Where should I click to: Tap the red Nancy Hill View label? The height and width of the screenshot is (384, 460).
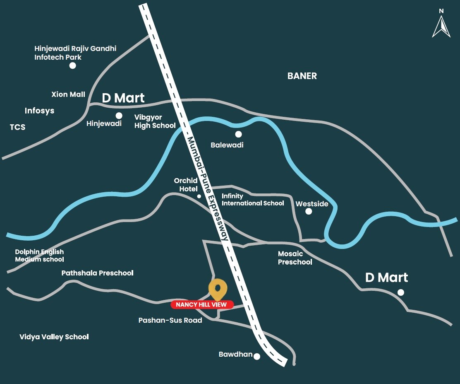[x=202, y=305]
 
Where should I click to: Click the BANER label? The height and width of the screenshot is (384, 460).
[x=302, y=76]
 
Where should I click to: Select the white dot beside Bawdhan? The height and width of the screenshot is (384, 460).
[x=257, y=356]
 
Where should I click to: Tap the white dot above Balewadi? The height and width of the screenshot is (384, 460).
[x=238, y=134]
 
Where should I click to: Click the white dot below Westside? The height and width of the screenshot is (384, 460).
[x=309, y=211]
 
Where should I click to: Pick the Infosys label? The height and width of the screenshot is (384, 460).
[x=39, y=111]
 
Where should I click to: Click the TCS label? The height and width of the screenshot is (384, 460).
[x=18, y=127]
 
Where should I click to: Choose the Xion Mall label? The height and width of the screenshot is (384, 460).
[x=68, y=94]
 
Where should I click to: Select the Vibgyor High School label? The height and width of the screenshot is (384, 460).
[x=155, y=121]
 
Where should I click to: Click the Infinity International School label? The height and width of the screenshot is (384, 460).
[x=253, y=200]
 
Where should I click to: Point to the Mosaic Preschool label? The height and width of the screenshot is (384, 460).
[x=295, y=258]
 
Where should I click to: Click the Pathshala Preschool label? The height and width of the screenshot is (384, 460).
[x=97, y=273]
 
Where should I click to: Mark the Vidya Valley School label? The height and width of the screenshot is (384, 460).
[x=54, y=337]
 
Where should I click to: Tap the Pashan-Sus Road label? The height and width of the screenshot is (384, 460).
[x=170, y=320]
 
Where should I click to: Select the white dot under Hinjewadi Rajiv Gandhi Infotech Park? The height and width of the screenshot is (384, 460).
[x=73, y=65]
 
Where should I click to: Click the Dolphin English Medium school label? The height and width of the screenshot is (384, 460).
[x=40, y=256]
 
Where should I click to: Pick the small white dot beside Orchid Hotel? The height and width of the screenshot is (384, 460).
[x=199, y=196]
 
